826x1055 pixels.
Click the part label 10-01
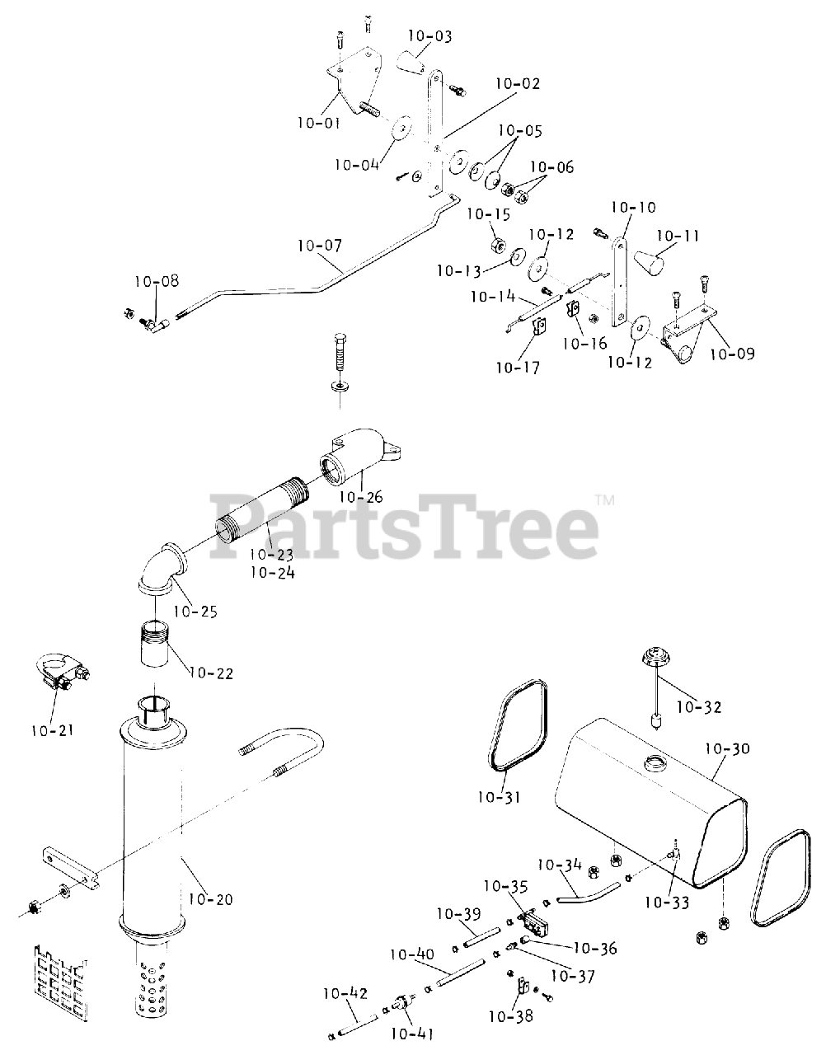coord(318,124)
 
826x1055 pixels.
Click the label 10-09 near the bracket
coord(731,354)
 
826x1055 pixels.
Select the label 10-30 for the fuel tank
coord(728,749)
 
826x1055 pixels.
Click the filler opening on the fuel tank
coord(657,762)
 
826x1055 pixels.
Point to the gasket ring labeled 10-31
coord(509,729)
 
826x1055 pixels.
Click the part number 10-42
coord(345,993)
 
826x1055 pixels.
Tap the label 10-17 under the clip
coord(518,368)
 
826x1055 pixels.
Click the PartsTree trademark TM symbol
coord(605,499)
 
